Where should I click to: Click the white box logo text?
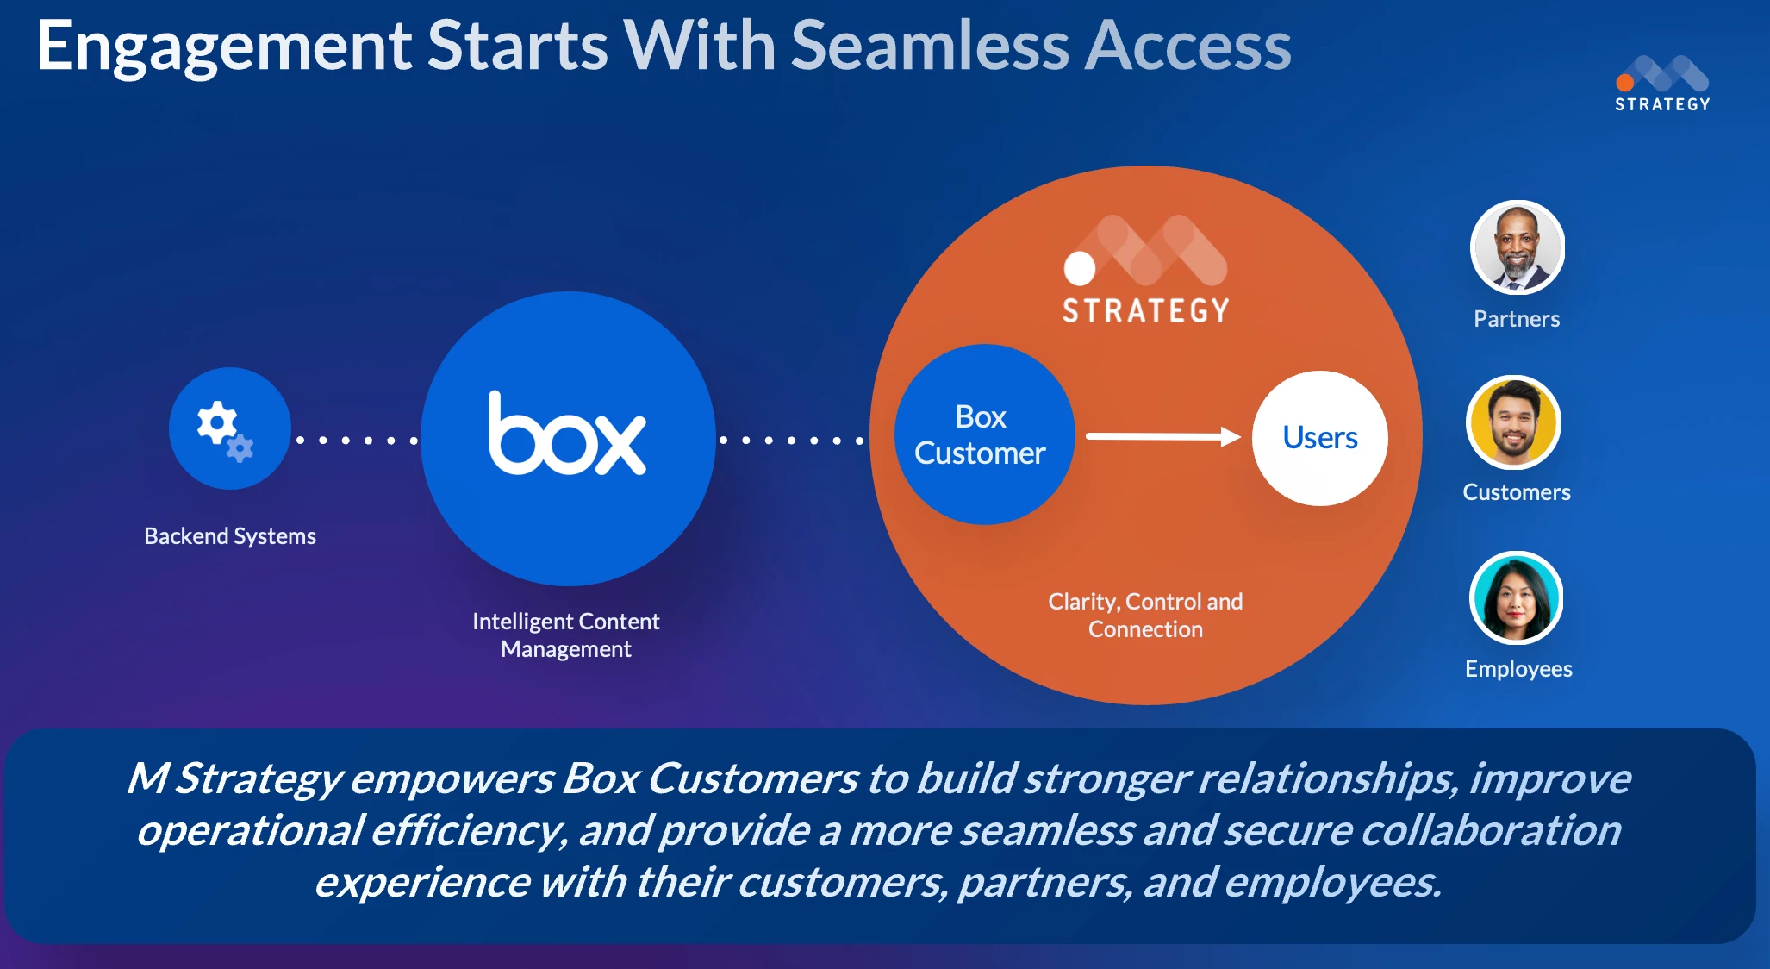[566, 435]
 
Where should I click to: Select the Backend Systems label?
[230, 536]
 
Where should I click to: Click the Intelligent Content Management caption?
[566, 635]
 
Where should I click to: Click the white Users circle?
[1319, 438]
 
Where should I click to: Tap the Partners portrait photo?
[1517, 248]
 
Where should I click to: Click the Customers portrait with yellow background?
[1513, 423]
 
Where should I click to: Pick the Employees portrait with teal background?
[1516, 598]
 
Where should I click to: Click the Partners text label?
[1517, 320]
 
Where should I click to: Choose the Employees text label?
[1518, 669]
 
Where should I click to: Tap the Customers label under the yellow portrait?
[1517, 492]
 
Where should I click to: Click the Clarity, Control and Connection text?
[1145, 615]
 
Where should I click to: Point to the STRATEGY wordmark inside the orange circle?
[1145, 311]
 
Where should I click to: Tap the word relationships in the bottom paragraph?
[1327, 778]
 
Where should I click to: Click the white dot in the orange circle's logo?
[1079, 268]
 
